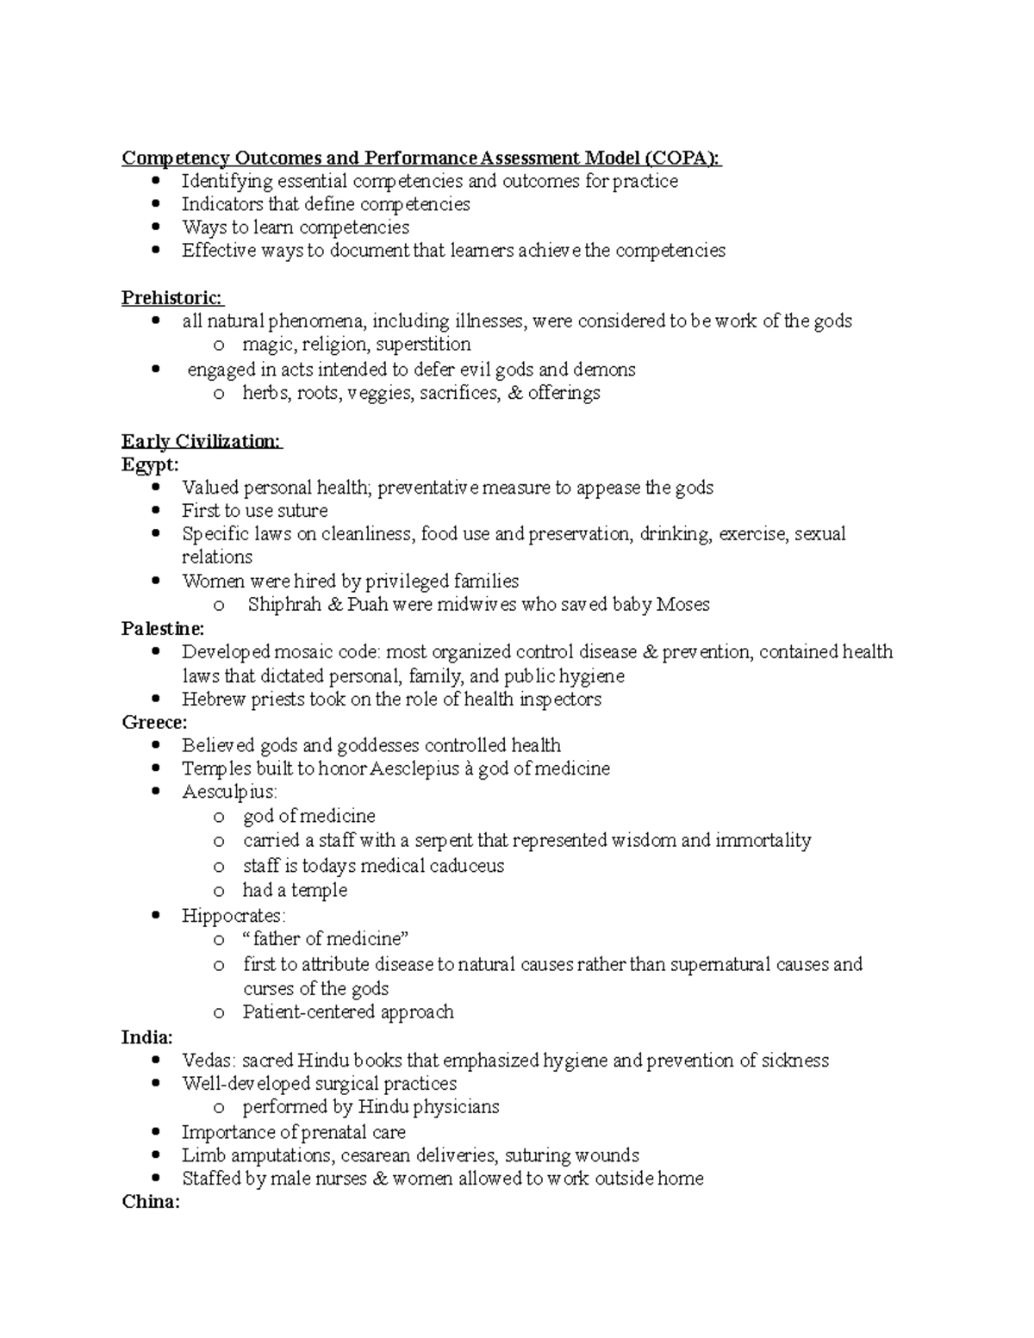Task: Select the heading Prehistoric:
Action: tap(171, 298)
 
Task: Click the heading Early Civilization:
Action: tap(201, 442)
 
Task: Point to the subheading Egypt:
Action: tap(151, 465)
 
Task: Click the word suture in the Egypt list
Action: tap(302, 511)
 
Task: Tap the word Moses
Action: tap(682, 605)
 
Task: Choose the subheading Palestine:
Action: tap(163, 629)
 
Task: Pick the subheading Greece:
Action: tap(154, 723)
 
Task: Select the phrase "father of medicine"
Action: tap(326, 939)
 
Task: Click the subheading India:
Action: tap(147, 1037)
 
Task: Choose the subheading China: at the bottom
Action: tap(151, 1202)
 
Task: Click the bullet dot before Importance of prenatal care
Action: tap(155, 1132)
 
